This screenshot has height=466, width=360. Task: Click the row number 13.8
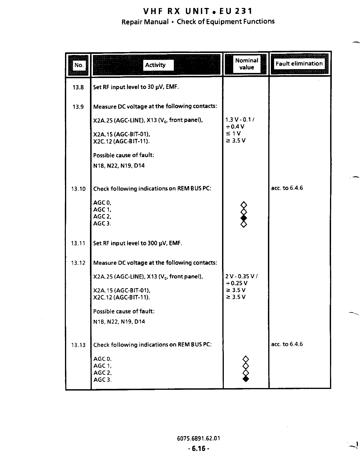pos(78,87)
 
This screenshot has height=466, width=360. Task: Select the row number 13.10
pos(78,189)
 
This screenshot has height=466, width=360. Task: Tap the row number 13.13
pos(78,345)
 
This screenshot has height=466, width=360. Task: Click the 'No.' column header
pos(79,65)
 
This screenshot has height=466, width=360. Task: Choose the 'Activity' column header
pos(155,65)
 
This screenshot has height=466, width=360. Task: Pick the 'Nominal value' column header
pos(246,64)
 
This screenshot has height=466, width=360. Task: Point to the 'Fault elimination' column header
pos(299,64)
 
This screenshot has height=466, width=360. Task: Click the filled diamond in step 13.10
pos(244,218)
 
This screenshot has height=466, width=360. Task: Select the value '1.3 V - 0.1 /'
pos(240,119)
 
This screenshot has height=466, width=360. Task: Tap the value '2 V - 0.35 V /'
pos(241,276)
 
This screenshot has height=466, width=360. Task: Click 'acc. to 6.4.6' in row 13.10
pos(287,188)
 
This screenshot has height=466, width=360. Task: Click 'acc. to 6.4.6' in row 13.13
pos(287,344)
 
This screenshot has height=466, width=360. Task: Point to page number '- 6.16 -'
pos(199,449)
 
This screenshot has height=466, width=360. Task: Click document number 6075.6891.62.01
pos(199,438)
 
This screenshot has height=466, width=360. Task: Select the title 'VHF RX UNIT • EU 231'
pos(198,11)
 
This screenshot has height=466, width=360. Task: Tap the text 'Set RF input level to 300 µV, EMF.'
pos(138,243)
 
